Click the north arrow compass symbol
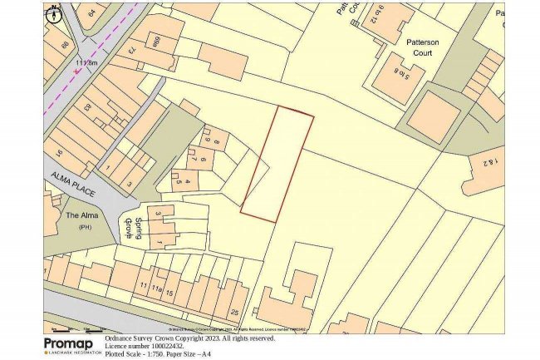coord(54,12)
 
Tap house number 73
coord(131,51)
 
